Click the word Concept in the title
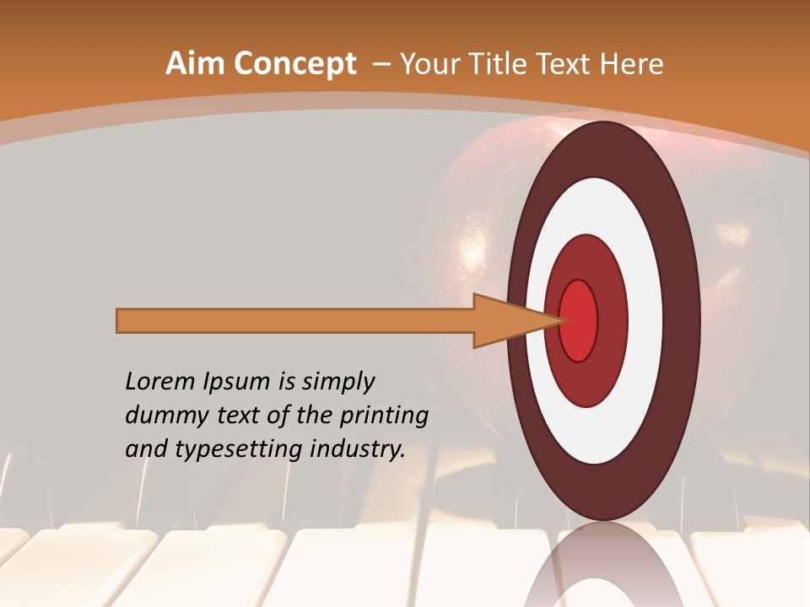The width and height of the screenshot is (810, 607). pyautogui.click(x=294, y=65)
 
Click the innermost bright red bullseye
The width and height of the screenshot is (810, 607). pyautogui.click(x=578, y=320)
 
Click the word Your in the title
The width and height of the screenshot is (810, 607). pyautogui.click(x=426, y=64)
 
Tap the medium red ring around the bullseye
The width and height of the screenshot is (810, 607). pyautogui.click(x=612, y=320)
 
